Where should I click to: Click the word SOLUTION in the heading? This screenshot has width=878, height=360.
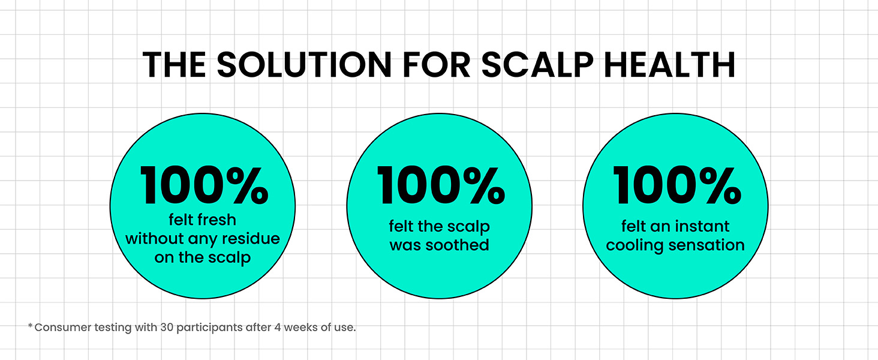coord(304,64)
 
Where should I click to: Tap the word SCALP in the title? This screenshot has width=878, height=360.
coord(537,64)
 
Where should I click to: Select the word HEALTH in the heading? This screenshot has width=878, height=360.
coord(670,64)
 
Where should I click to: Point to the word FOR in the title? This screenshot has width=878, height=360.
coord(436,64)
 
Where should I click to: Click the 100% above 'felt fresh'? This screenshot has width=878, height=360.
coord(204,185)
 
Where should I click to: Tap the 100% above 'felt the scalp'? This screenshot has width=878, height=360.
coord(441,185)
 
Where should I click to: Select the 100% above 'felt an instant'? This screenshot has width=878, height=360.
coord(677,185)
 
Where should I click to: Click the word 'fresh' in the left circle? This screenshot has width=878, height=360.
coord(218,220)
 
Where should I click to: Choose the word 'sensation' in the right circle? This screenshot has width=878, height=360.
coord(706,245)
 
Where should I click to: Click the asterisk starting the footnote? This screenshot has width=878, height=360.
coord(30,325)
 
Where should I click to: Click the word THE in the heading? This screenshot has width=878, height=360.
coord(175,64)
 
